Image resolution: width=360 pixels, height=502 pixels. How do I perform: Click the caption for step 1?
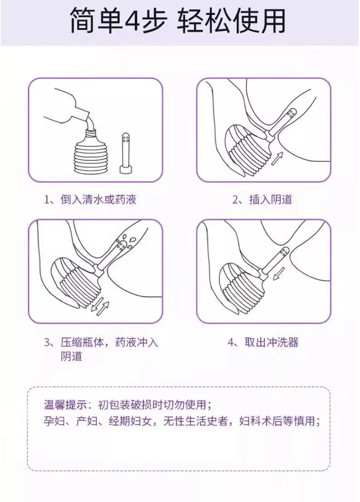click(90, 200)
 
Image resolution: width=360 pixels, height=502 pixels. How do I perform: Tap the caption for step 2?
click(262, 200)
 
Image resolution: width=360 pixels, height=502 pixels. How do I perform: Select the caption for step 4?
click(263, 342)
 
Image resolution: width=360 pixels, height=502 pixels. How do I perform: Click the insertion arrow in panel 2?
click(277, 158)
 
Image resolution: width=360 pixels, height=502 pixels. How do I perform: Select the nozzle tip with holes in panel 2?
click(291, 114)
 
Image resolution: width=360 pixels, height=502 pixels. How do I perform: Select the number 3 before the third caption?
click(47, 343)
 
